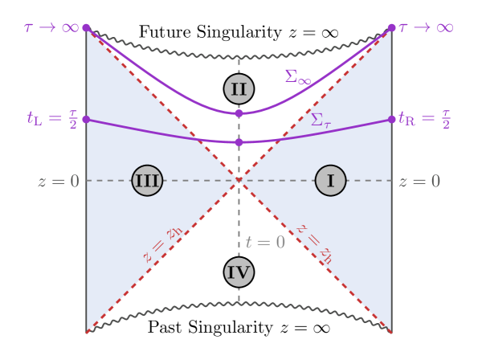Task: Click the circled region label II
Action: [x=239, y=88]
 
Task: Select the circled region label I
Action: [x=330, y=181]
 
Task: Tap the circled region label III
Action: [x=147, y=181]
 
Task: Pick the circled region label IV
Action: [x=239, y=272]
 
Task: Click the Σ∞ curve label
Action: [x=297, y=77]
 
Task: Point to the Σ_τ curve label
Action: [x=321, y=120]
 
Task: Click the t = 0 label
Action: [x=265, y=243]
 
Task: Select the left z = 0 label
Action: [x=59, y=182]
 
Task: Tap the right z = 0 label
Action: [x=419, y=182]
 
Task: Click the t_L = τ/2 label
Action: [x=53, y=119]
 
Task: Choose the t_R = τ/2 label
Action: [x=424, y=119]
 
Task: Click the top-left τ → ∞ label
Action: [x=51, y=27]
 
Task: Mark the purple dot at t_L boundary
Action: [x=86, y=119]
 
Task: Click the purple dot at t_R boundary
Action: [x=392, y=119]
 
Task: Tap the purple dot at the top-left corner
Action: [x=86, y=28]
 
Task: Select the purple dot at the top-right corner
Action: [x=391, y=28]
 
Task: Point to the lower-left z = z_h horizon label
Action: [x=163, y=245]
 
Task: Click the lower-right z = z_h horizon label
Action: [x=314, y=243]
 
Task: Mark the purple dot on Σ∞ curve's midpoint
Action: [x=239, y=113]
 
